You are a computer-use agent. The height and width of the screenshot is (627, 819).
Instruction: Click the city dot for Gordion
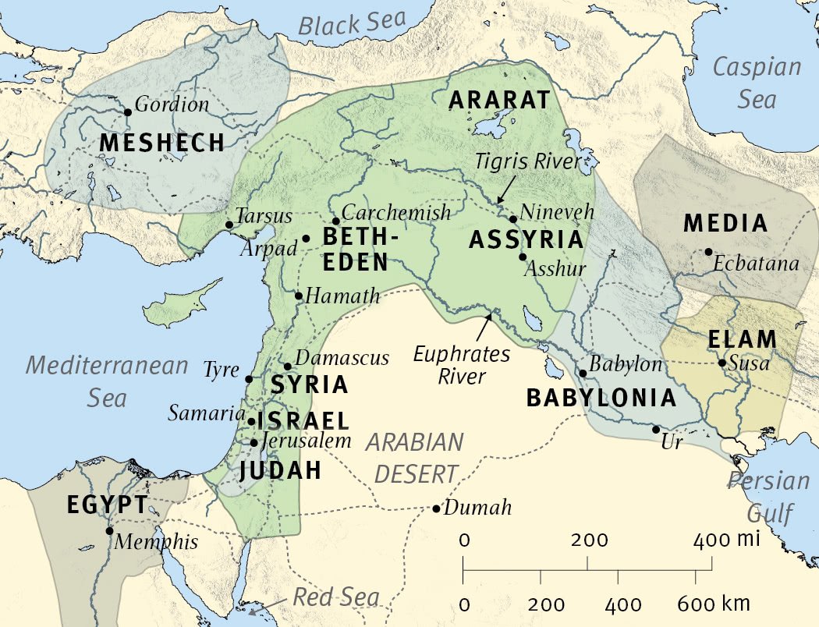click(x=128, y=112)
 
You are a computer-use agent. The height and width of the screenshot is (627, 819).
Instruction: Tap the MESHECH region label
click(x=162, y=143)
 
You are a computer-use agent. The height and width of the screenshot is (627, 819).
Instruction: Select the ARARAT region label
click(x=499, y=101)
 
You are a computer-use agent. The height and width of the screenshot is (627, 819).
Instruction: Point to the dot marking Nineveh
click(x=513, y=219)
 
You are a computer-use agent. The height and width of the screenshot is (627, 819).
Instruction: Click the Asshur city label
click(x=555, y=269)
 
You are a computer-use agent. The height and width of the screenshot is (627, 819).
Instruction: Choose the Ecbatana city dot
click(x=707, y=252)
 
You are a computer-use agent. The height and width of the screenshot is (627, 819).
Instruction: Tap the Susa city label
click(x=750, y=363)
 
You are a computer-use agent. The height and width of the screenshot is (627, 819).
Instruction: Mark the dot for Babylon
click(x=583, y=373)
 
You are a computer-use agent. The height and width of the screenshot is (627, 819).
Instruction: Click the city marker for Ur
click(x=656, y=429)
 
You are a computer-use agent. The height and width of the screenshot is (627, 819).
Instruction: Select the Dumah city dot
click(x=436, y=508)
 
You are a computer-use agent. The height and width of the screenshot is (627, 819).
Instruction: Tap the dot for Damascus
click(x=288, y=366)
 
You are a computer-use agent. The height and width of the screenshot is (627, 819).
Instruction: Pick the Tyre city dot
click(x=249, y=379)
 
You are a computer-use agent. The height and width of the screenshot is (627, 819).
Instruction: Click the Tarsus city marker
click(x=229, y=225)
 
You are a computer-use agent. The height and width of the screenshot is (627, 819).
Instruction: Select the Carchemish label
click(x=396, y=213)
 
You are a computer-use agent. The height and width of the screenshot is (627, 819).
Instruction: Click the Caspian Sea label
click(x=756, y=82)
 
